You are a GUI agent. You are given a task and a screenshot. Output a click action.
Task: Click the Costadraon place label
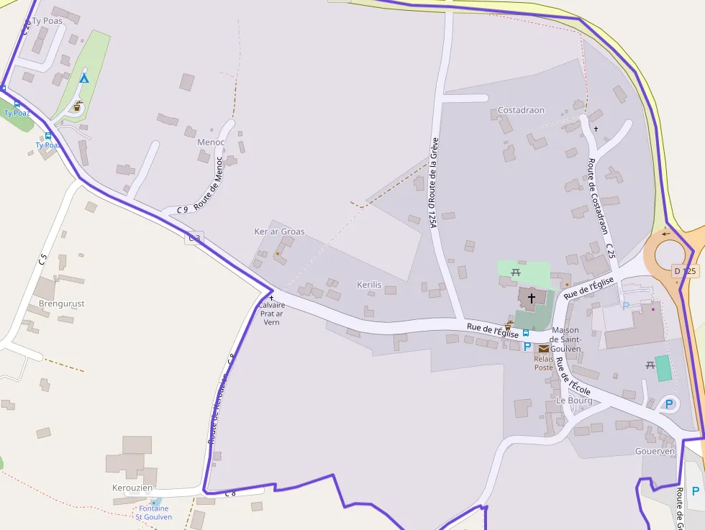[521, 110]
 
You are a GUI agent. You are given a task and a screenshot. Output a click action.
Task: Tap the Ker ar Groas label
[279, 232]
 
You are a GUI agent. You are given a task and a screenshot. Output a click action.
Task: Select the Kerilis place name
[368, 285]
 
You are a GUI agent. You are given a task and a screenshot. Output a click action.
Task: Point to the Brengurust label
[61, 303]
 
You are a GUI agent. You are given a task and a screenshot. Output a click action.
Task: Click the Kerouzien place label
[132, 488]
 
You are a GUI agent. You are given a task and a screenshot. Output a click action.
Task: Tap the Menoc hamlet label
[211, 142]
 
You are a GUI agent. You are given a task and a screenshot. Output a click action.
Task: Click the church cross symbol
[532, 298]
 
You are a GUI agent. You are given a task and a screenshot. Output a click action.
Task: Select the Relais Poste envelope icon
[544, 349]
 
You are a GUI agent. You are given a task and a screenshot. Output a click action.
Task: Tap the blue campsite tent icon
[84, 78]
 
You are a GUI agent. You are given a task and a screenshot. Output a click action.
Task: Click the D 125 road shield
[685, 271]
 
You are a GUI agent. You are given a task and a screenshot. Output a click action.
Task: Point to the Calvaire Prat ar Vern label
[271, 314]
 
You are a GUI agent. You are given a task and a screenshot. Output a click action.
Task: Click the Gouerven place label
[655, 451]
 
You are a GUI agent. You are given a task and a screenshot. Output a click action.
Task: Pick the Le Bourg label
[573, 400]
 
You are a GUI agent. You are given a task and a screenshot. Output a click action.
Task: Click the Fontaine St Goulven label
[154, 512]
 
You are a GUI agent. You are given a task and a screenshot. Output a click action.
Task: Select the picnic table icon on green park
[516, 272]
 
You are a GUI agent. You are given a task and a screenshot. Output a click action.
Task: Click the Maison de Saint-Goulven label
[565, 339]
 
